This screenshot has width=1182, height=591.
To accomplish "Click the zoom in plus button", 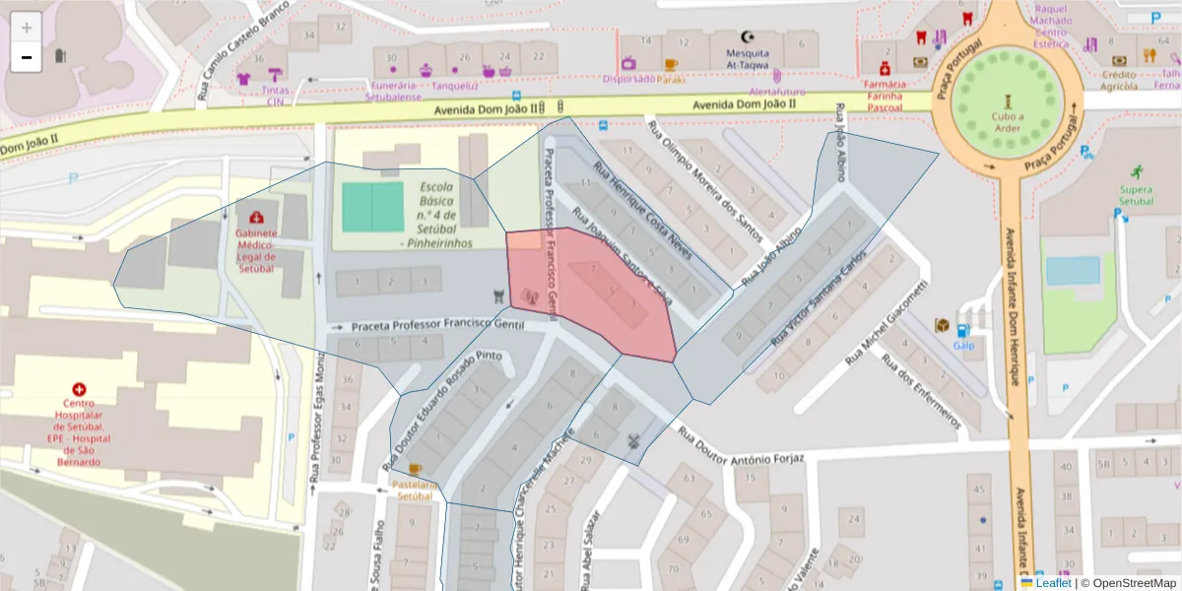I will click(x=27, y=28).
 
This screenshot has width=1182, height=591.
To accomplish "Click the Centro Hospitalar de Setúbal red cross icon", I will click(x=79, y=390).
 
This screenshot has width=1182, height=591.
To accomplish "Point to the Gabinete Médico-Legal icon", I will click(x=256, y=217).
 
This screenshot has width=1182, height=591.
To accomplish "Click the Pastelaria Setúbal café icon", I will click(x=414, y=469).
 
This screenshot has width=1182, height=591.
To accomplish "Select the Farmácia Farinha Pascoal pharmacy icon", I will click(x=885, y=69).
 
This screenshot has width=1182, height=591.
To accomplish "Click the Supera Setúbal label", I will click(x=1136, y=194).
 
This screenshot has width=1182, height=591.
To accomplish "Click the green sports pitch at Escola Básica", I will click(x=372, y=207).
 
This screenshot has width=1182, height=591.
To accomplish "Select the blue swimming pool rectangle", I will click(x=1073, y=271).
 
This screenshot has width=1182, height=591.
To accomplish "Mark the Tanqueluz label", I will click(x=439, y=85).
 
